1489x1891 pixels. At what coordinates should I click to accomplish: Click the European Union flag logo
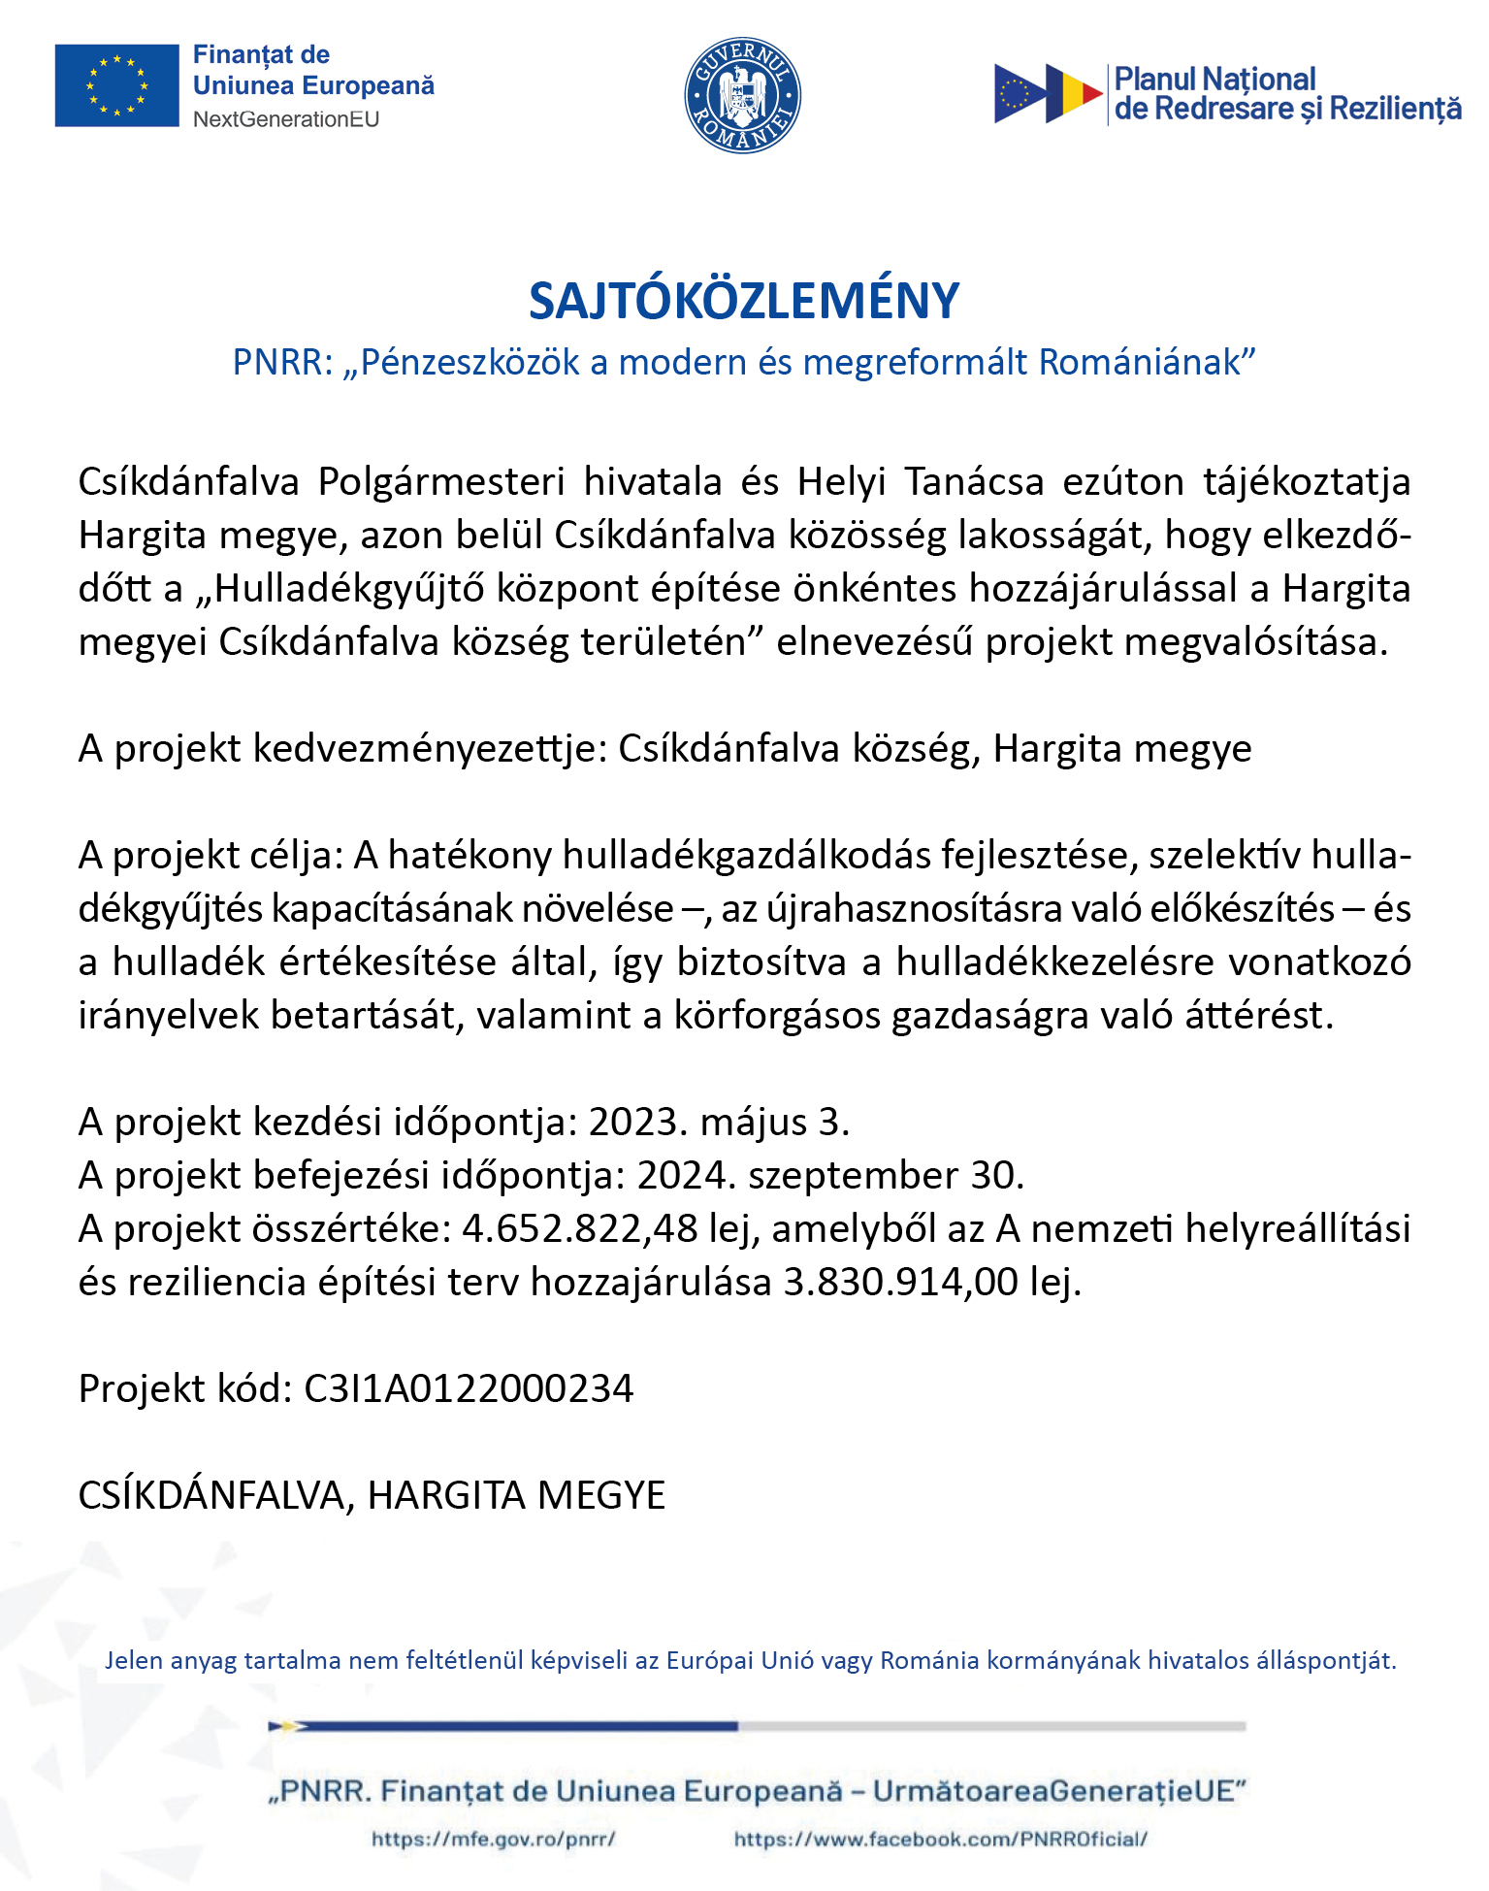[x=116, y=85]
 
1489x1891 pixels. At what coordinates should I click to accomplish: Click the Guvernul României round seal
[x=742, y=95]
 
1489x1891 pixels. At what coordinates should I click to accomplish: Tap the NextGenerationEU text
[x=286, y=119]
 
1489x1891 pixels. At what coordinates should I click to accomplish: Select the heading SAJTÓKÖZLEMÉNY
[x=744, y=301]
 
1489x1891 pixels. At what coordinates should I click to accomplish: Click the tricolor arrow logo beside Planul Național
[x=1048, y=93]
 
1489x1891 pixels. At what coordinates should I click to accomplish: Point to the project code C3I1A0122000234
[x=469, y=1388]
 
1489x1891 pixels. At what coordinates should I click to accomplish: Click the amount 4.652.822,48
[x=580, y=1228]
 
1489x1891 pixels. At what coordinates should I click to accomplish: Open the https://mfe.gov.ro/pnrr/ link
[x=493, y=1839]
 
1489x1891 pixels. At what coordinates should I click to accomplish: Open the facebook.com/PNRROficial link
[x=940, y=1839]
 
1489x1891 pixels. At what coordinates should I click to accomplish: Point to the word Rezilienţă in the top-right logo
[x=1395, y=109]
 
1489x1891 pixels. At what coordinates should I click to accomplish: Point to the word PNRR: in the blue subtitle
[x=282, y=362]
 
